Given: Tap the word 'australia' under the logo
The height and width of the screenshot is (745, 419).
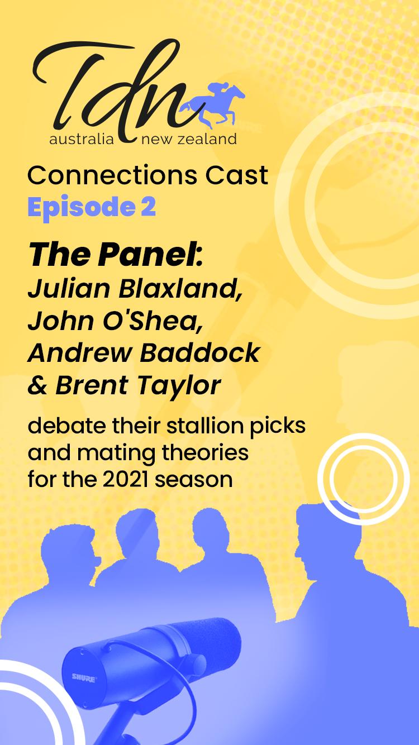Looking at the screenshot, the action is pyautogui.click(x=82, y=139).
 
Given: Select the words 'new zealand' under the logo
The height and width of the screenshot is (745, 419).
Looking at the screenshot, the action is pyautogui.click(x=189, y=139).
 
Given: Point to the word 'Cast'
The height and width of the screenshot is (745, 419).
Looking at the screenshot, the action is pyautogui.click(x=237, y=175).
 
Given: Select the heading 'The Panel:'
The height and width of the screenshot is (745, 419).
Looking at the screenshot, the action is pyautogui.click(x=116, y=255).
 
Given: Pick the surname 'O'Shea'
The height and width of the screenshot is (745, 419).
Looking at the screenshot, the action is pyautogui.click(x=153, y=321).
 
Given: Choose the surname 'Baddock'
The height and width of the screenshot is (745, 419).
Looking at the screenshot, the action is pyautogui.click(x=199, y=353).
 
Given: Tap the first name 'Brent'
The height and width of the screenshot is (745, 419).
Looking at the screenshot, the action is pyautogui.click(x=92, y=385).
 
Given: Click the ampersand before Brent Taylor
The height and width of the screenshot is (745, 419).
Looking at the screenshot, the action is pyautogui.click(x=38, y=386).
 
